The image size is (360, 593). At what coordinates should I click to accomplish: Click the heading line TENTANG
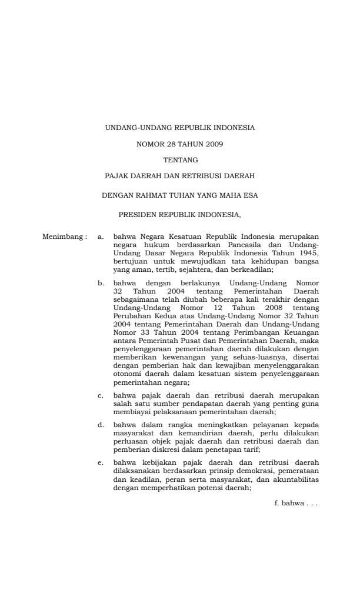coord(180,159)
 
